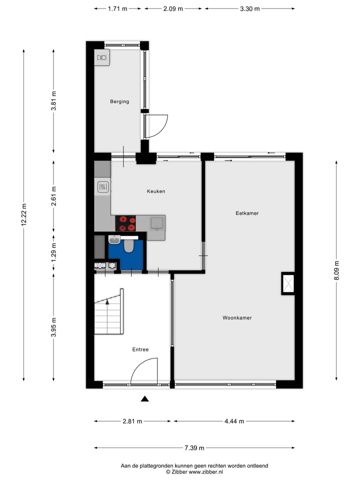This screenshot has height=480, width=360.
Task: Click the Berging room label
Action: [119, 101]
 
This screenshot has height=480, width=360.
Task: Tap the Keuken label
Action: [155, 191]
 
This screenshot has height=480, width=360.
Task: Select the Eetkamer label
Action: [247, 213]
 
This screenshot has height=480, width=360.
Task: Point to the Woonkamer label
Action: [237, 317]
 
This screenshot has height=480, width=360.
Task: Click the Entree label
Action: [140, 349]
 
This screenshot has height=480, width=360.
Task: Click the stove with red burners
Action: [125, 223]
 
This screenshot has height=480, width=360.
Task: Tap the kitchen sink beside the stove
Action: [156, 223]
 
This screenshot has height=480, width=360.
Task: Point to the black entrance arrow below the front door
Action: [145, 398]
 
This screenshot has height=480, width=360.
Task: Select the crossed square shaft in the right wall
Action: [288, 283]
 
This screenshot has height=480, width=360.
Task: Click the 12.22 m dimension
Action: [23, 215]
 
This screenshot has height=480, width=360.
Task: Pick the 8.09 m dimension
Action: [337, 271]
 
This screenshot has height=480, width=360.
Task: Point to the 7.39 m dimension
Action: [194, 448]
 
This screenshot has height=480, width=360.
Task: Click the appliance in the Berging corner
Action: [102, 57]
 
